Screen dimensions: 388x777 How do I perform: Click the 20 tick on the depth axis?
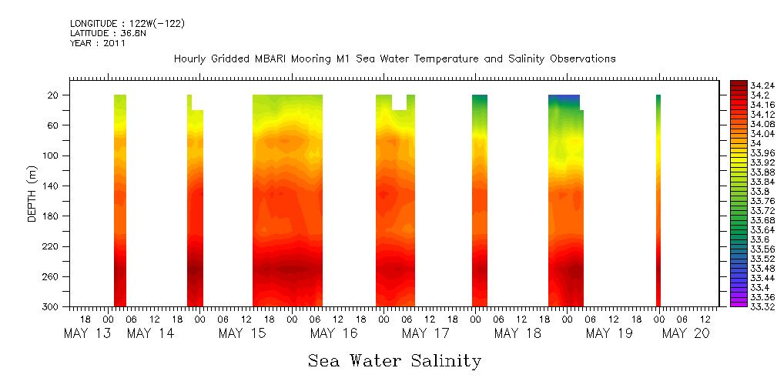pos(54,95)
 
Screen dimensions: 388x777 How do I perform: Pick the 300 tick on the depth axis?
pos(51,307)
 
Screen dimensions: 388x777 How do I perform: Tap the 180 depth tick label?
pos(51,216)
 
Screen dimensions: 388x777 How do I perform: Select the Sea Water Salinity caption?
pos(394,361)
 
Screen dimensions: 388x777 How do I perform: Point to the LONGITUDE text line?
pos(127,24)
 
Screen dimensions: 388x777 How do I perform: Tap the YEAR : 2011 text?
pos(97,44)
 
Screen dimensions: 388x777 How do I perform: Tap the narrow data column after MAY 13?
pos(119,200)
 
